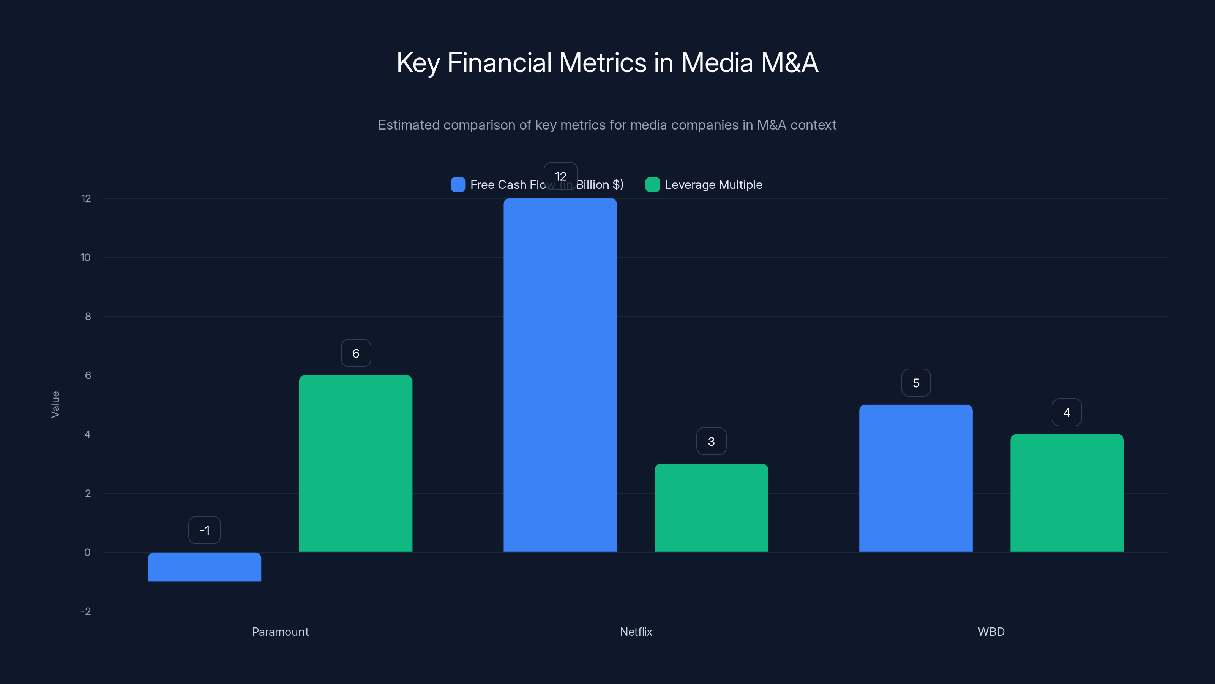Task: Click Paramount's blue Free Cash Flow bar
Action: point(204,567)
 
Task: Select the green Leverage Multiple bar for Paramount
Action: point(356,463)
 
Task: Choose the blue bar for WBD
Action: point(915,478)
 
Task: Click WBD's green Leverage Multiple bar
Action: point(1067,493)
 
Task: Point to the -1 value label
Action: point(204,530)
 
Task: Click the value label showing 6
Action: point(356,353)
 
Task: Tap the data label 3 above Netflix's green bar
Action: point(711,441)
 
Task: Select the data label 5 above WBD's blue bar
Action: point(915,383)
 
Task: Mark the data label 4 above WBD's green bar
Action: point(1067,413)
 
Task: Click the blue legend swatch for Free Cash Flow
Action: point(458,185)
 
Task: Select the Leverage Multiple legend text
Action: point(713,185)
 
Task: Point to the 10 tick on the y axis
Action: point(85,257)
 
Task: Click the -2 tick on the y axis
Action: point(85,611)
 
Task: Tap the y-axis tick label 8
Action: point(88,316)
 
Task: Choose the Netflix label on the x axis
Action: point(636,632)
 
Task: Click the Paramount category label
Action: point(280,632)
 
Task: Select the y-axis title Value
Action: point(55,404)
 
